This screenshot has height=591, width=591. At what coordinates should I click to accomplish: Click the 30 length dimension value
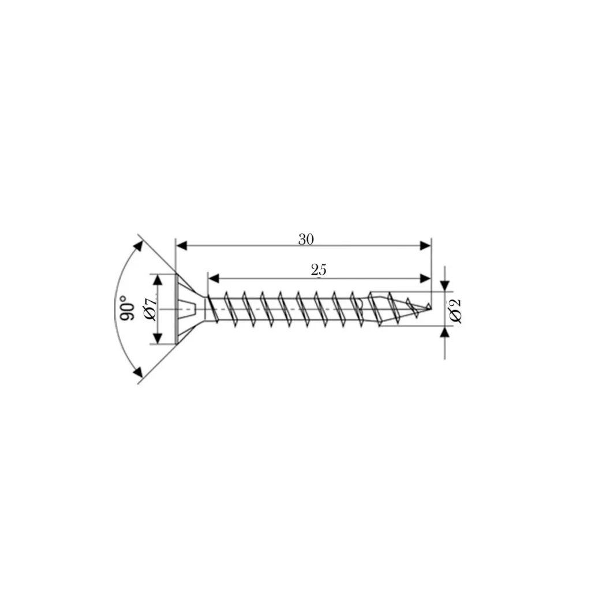306,239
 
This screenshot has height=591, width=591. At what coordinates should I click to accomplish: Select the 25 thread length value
319,270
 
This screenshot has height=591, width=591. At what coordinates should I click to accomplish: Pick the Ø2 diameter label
455,310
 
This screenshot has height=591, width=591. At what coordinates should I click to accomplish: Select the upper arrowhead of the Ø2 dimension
444,286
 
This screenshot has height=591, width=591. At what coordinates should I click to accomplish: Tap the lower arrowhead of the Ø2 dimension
444,332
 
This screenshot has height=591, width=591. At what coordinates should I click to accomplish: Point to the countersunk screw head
188,309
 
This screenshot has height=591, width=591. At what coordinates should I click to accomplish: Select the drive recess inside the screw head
191,309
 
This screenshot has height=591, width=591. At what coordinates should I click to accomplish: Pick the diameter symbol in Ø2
455,316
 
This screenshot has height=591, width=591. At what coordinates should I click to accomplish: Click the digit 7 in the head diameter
149,302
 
